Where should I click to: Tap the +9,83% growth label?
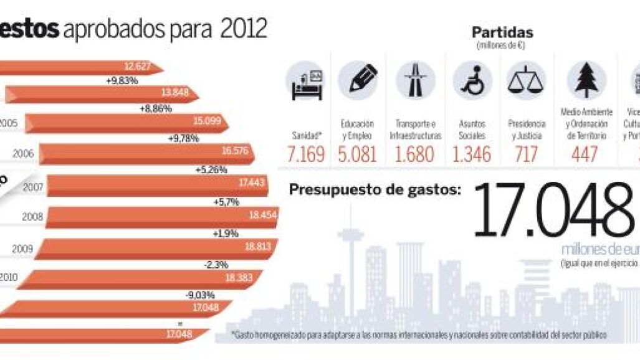[x=122, y=80]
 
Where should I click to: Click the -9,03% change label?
[x=200, y=295]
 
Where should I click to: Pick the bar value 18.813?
[x=257, y=247]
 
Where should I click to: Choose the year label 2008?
[x=32, y=217]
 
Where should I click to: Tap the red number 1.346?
[x=472, y=154]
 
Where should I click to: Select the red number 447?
[x=585, y=154]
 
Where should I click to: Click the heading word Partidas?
[x=502, y=32]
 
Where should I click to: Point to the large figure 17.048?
[x=555, y=211]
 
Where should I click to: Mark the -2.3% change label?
[x=216, y=263]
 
